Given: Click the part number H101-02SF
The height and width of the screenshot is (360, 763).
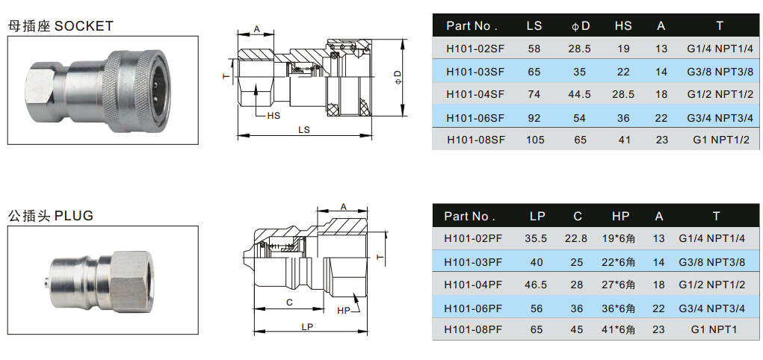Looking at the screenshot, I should (x=475, y=49).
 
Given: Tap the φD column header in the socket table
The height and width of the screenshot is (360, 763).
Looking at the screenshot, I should (x=580, y=25).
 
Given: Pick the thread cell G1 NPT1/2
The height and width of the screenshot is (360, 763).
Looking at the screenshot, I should (x=720, y=140).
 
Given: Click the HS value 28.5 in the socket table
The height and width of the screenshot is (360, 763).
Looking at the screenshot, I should (x=623, y=94).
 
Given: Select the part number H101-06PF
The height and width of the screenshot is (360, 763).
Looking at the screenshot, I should (x=473, y=308).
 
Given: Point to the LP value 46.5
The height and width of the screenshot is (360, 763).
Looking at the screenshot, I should (x=536, y=285).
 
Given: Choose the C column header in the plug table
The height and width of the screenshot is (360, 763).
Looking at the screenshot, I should (x=577, y=216).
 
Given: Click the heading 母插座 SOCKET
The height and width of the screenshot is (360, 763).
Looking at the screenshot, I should (x=61, y=26).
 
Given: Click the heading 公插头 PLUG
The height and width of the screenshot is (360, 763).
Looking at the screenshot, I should (x=51, y=216).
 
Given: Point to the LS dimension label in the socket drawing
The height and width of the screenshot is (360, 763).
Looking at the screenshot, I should (x=304, y=129).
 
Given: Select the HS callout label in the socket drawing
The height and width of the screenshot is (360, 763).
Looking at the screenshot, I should (x=273, y=116).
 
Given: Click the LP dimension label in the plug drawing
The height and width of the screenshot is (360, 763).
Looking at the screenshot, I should (x=307, y=327).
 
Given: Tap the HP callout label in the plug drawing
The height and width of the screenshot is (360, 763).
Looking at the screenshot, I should (x=343, y=310).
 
